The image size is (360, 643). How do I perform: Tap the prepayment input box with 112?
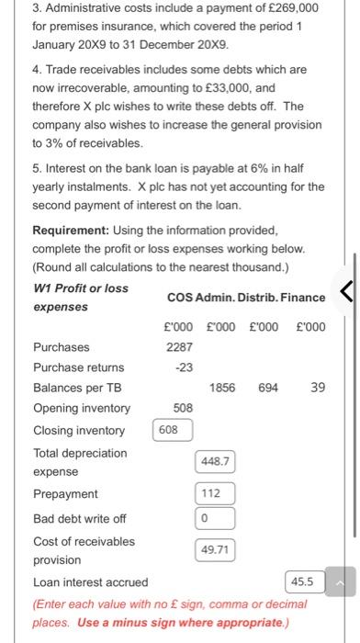[x=214, y=493]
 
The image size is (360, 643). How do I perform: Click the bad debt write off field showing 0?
[x=214, y=519]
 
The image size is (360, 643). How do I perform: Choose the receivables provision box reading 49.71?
[x=214, y=549]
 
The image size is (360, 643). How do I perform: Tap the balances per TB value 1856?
[x=222, y=387]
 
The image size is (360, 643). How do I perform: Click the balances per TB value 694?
[x=268, y=387]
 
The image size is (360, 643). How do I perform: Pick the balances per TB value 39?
[x=318, y=387]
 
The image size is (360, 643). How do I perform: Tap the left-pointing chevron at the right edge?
[x=346, y=293]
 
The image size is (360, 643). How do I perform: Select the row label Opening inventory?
[x=82, y=409]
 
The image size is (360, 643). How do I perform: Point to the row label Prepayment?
[x=65, y=493]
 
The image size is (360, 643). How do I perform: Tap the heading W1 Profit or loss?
[x=80, y=288]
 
